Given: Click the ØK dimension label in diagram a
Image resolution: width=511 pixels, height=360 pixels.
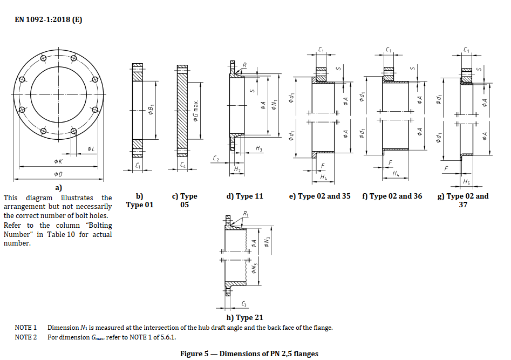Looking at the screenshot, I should (x=58, y=161).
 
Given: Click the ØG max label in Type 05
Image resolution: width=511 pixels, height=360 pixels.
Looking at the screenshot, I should (x=196, y=113).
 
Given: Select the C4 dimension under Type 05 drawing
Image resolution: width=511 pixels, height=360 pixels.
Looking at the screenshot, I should (x=183, y=165).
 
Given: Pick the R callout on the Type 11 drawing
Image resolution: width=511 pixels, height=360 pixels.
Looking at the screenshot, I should (x=244, y=65).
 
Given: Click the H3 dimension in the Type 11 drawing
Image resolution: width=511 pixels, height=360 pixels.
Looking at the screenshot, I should (x=259, y=148).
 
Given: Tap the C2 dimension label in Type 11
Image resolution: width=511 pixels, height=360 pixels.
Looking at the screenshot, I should (x=216, y=159).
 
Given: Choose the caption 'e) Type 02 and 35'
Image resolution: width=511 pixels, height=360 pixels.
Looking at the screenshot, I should (x=320, y=196).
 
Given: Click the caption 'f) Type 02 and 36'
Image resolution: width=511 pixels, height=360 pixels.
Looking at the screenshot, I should (x=392, y=196).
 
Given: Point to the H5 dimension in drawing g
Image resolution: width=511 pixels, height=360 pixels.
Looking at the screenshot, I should (x=466, y=181).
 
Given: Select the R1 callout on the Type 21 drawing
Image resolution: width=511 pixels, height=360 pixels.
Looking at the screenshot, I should (x=246, y=214).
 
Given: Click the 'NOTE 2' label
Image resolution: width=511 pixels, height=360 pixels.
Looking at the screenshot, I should (x=25, y=337).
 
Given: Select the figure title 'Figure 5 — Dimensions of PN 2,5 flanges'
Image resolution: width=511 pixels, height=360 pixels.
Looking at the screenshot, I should (x=249, y=354).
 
